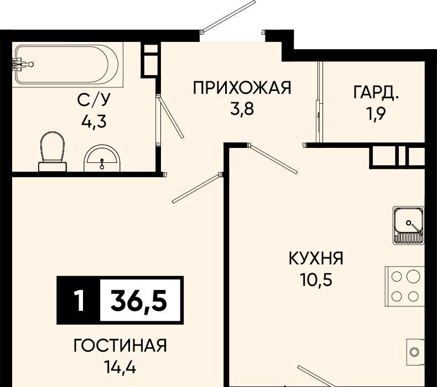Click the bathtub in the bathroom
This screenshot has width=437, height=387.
coord(67,65)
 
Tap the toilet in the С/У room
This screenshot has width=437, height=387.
coord(53,152)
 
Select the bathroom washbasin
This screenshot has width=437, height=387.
coord(102,158)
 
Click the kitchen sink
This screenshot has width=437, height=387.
coord(409,225)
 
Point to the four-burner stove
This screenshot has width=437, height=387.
coord(405,286)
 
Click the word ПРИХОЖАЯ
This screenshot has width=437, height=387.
coord(242,88)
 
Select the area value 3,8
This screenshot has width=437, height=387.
coord(242,109)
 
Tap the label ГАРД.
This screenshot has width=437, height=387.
coord(376,92)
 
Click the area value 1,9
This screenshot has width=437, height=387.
coord(376,113)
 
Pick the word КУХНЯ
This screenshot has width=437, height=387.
coord(316,258)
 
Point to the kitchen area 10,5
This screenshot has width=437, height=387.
coord(316,279)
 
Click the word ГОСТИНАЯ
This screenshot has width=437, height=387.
coord(120,346)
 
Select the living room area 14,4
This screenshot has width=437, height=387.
coord(120,367)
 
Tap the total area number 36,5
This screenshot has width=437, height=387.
coord(139,300)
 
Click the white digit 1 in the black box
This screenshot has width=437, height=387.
coord(80,300)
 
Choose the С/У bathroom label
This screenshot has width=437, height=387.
coord(94,100)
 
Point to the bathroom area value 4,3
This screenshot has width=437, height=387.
coord(94,121)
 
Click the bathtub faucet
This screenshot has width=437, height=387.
coord(22,65)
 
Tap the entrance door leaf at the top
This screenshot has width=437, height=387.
coord(229,15)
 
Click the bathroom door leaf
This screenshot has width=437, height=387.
coord(170,117)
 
